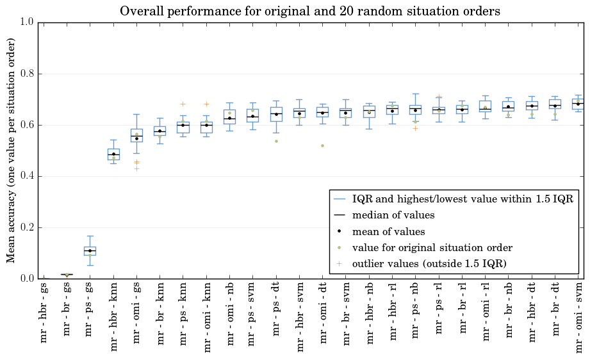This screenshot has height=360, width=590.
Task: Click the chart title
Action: coord(310,12)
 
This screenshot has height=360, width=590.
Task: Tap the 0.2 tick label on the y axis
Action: coord(28,227)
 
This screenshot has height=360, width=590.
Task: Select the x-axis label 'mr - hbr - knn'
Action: coord(113,316)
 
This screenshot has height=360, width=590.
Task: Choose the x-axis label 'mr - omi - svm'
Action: coord(578,318)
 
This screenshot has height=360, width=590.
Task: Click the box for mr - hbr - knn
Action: coord(113,154)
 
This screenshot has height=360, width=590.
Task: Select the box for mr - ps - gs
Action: coord(90,251)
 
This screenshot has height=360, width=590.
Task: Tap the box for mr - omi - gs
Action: coord(136,135)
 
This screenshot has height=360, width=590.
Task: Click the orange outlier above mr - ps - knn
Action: coord(183,104)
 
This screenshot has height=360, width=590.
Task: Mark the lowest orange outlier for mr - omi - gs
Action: coord(136,168)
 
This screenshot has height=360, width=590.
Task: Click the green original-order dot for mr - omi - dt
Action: coord(322,145)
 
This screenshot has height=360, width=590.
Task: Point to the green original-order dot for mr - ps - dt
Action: coord(276,141)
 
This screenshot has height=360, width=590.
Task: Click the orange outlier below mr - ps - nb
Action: coord(415,128)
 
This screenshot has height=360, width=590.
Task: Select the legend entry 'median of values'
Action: coord(393,215)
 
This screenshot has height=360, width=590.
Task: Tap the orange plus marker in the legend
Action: coord(339,264)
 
